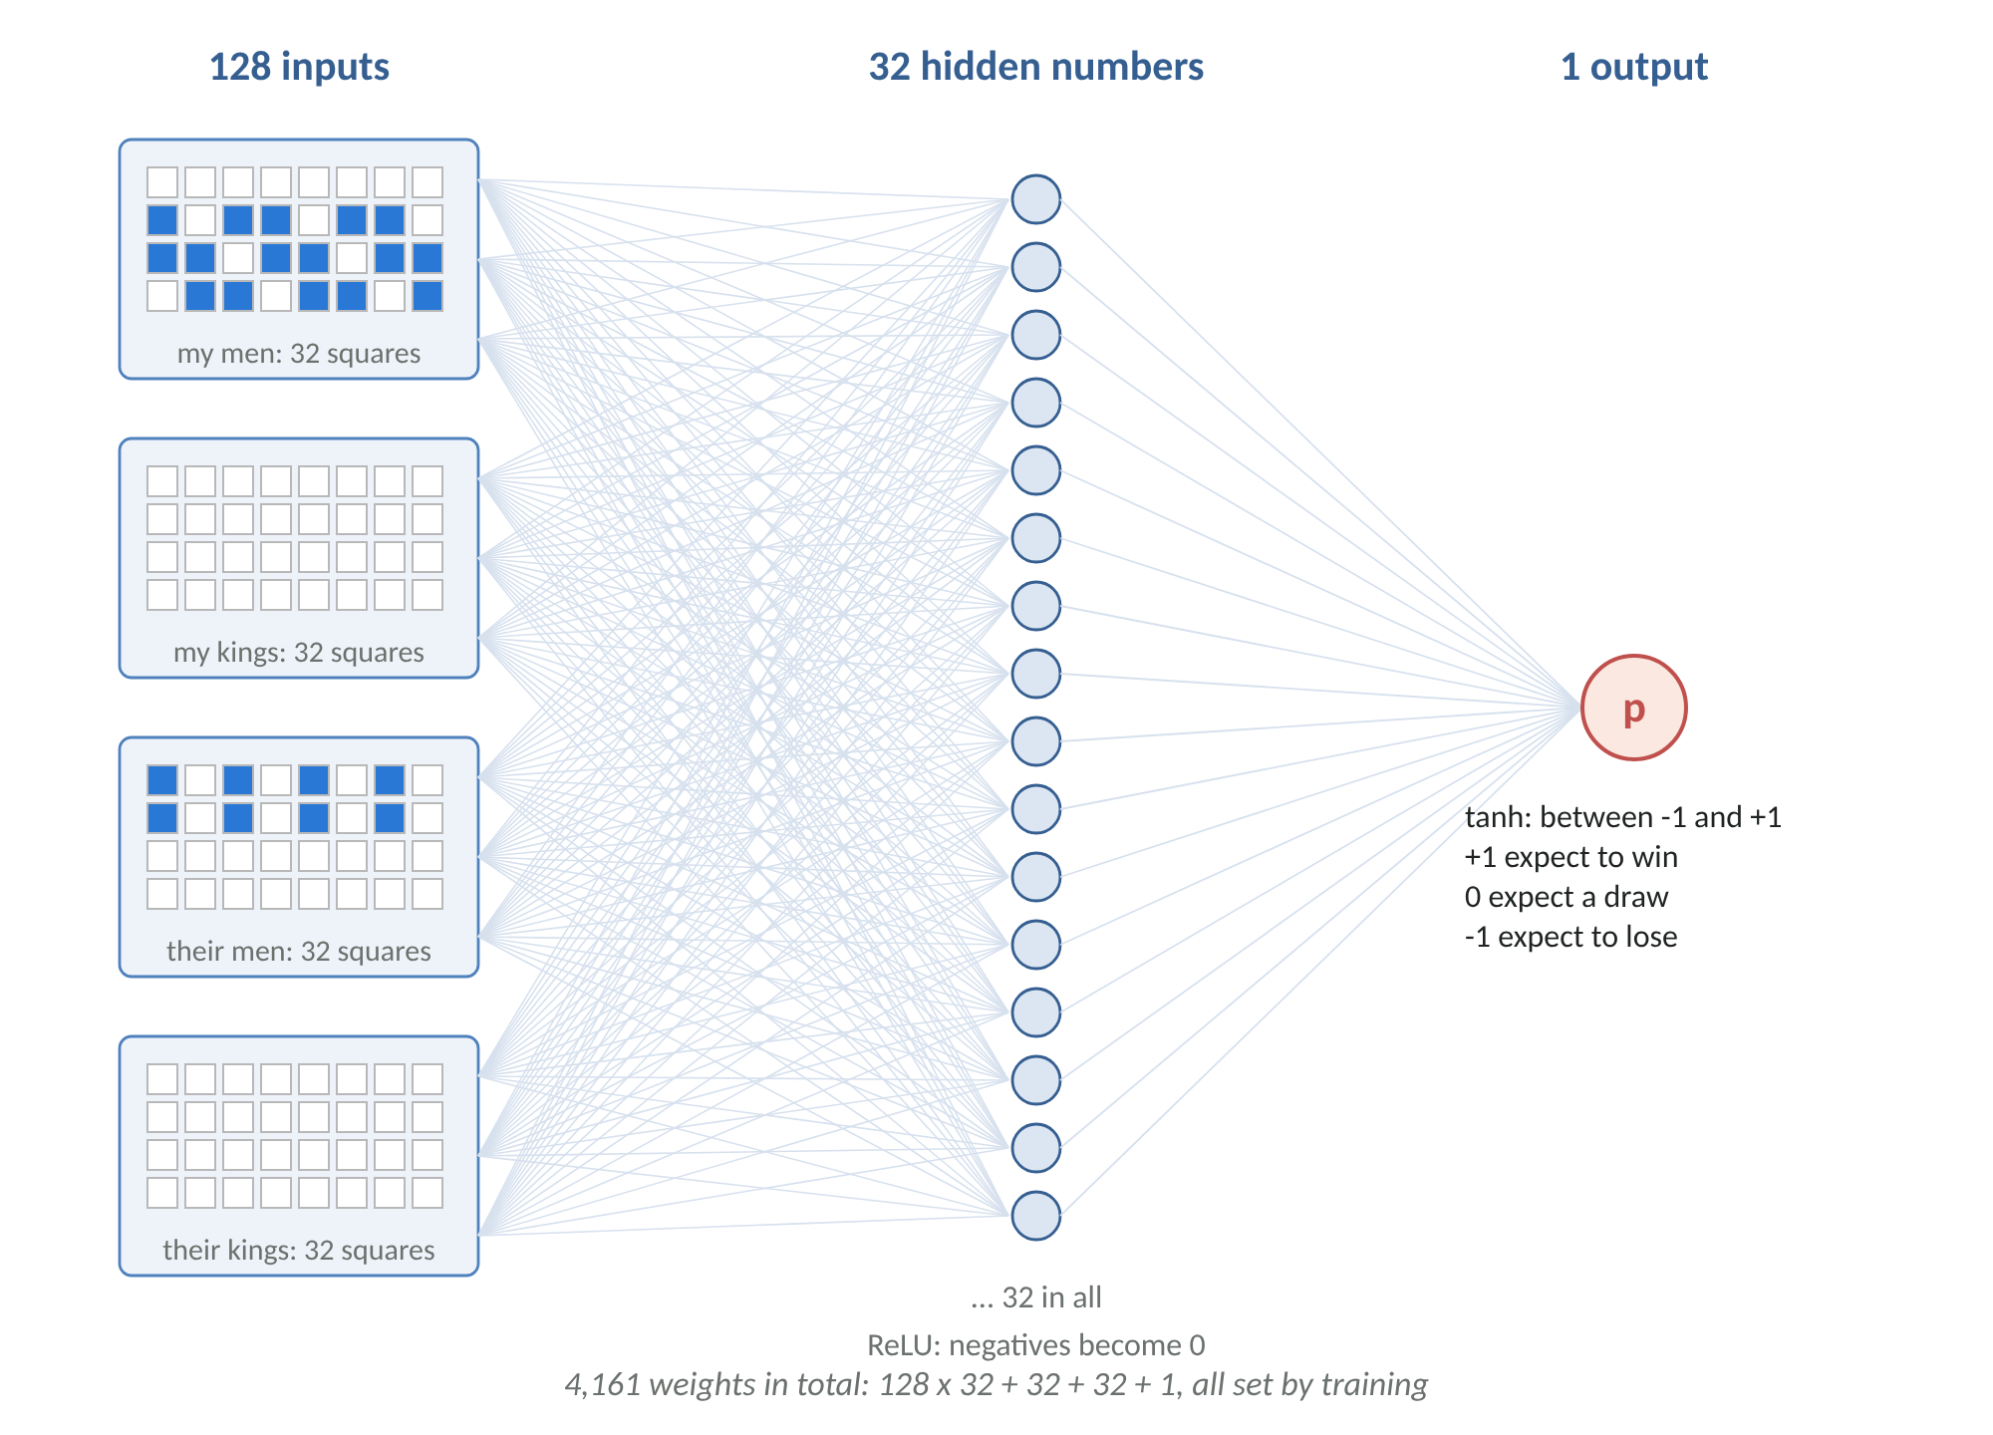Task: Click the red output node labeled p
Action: [x=1633, y=708]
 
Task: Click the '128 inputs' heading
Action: [x=299, y=67]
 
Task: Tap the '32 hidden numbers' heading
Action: [x=1036, y=67]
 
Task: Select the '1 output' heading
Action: [x=1634, y=67]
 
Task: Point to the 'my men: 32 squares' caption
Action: [x=299, y=354]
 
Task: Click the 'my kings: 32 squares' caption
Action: [x=299, y=653]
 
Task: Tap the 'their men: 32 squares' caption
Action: [x=299, y=952]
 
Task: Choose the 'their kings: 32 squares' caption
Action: [x=299, y=1251]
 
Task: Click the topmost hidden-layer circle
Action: [x=1036, y=199]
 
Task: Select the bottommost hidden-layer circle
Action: [x=1036, y=1216]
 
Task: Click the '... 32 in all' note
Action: [x=1036, y=1297]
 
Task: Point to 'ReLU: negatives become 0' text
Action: [x=1036, y=1345]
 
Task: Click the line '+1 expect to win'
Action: [x=1571, y=857]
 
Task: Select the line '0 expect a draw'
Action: [x=1566, y=897]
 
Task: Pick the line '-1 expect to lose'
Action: [x=1571, y=937]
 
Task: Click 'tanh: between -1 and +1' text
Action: [x=1623, y=817]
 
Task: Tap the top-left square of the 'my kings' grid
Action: [x=162, y=481]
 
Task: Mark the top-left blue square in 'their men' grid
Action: [x=162, y=780]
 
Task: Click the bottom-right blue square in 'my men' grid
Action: [x=427, y=296]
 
